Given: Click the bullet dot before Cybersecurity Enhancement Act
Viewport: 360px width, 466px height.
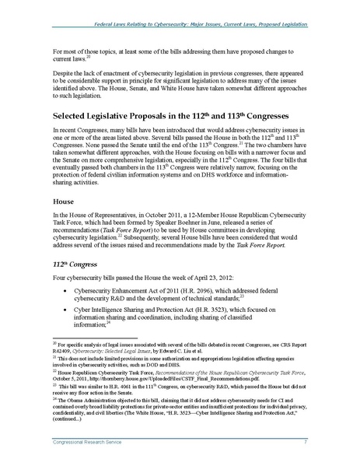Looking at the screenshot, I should click(x=71, y=296).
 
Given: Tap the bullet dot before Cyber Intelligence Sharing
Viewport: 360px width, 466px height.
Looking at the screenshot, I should click(x=71, y=321).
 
